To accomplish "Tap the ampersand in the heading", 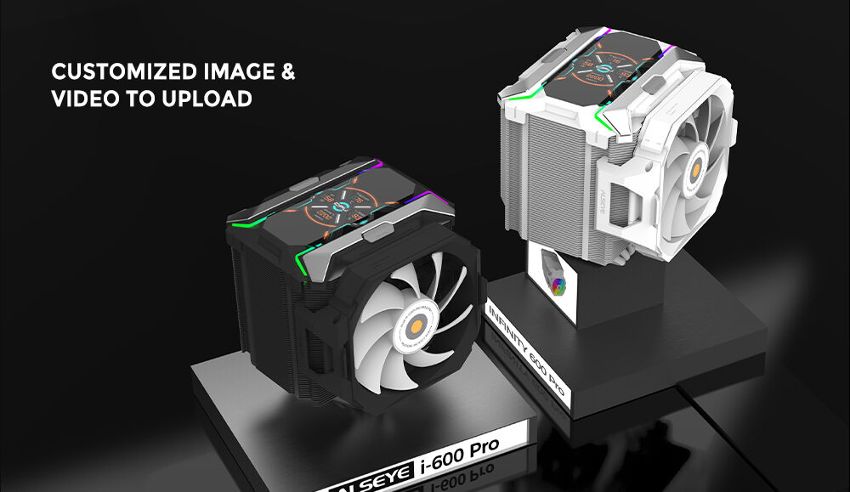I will tap(287, 71).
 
